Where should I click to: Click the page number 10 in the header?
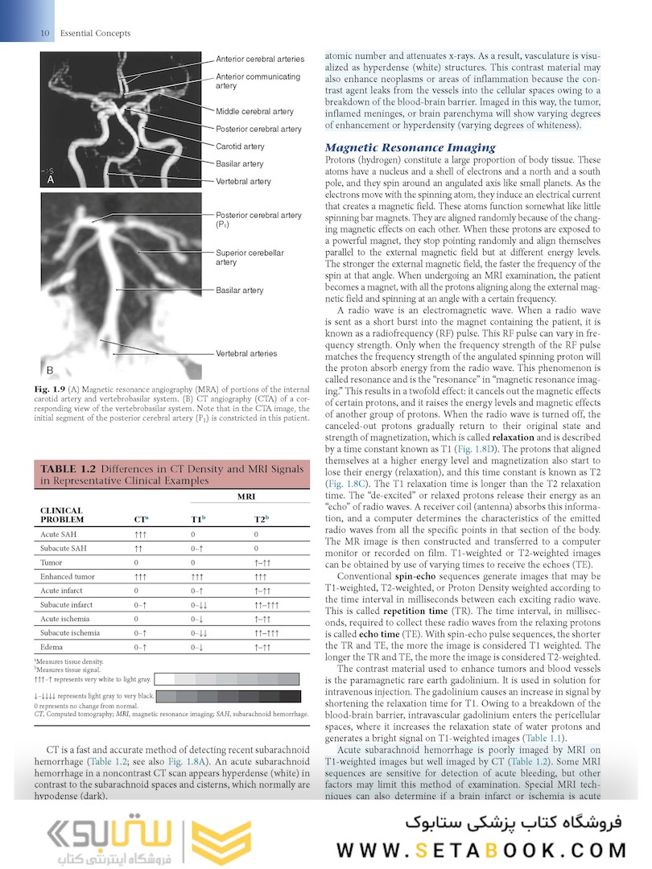pos(44,33)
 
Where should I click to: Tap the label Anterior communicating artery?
pos(258,81)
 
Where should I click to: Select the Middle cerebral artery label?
pos(254,112)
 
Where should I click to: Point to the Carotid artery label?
pos(240,146)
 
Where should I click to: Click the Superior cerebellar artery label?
pos(250,257)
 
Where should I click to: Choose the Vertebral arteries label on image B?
pos(246,353)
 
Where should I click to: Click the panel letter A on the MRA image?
pos(50,181)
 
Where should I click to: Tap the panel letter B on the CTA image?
pos(50,370)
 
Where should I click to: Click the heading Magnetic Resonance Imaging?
pos(410,147)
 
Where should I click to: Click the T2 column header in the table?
pos(260,520)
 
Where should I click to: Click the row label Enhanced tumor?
pos(68,577)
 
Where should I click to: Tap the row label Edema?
pos(52,646)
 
